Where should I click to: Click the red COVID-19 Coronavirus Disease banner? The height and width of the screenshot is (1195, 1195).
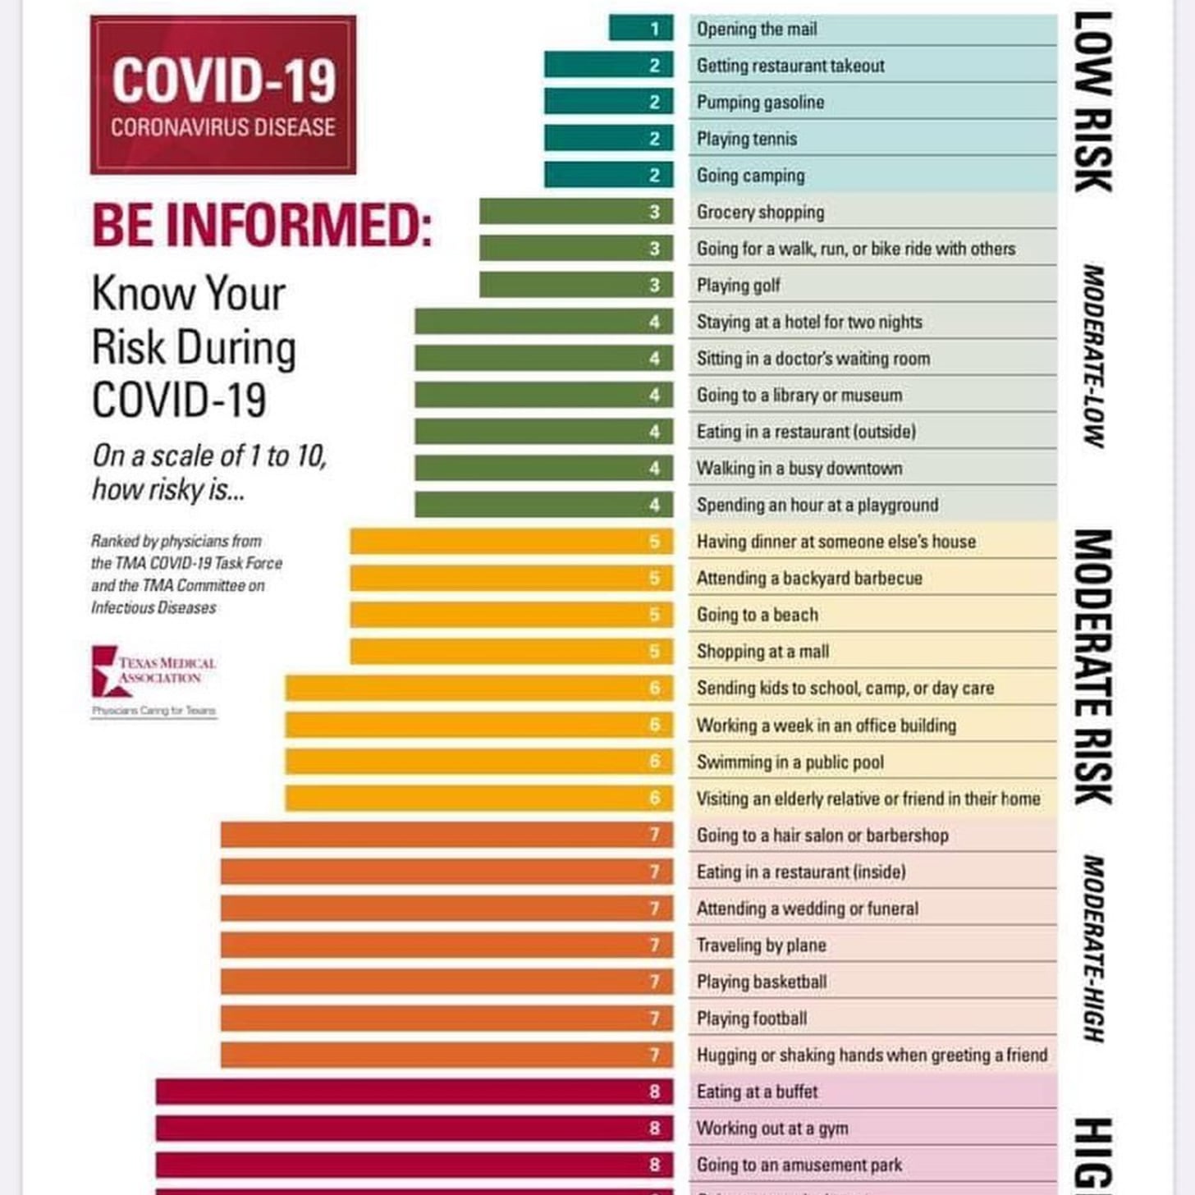[x=223, y=95]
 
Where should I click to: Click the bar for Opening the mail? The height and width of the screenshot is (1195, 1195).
[x=641, y=29]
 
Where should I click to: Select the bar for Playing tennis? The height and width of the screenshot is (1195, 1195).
[x=608, y=138]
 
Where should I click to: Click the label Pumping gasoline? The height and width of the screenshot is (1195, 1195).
[x=760, y=103]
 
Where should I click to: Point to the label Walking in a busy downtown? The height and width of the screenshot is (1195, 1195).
[x=799, y=469]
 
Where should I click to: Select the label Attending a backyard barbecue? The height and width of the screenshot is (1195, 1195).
[x=809, y=579]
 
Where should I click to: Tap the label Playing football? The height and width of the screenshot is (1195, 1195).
[x=752, y=1019]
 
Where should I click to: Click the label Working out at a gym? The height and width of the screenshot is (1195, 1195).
[x=772, y=1129]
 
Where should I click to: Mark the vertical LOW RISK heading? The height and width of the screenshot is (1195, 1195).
[x=1093, y=102]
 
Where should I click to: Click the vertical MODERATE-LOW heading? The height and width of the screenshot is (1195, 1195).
[x=1093, y=356]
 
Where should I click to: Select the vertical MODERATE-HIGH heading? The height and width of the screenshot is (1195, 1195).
[x=1093, y=948]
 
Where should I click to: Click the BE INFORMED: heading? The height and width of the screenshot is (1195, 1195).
[x=262, y=225]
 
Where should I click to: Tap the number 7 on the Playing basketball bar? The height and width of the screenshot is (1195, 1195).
[x=654, y=982]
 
